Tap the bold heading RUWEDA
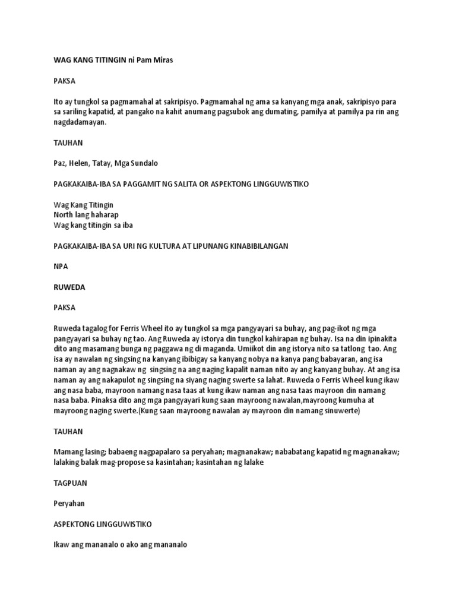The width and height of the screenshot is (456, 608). point(69,287)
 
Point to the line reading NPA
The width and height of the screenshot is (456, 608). point(61,267)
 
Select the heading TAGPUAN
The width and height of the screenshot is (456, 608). point(70,483)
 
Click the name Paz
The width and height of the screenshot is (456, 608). point(59,163)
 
